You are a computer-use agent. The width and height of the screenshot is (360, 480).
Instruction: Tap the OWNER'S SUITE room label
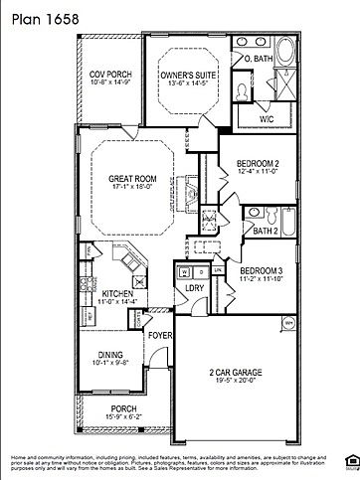pyautogui.click(x=192, y=73)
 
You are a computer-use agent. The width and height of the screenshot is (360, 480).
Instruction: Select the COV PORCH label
pyautogui.click(x=110, y=74)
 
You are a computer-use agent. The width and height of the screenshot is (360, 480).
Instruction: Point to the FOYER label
pyautogui.click(x=160, y=335)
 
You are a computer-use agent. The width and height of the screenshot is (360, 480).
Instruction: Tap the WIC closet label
pyautogui.click(x=266, y=118)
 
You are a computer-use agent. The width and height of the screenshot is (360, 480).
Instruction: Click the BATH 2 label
pyautogui.click(x=266, y=231)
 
